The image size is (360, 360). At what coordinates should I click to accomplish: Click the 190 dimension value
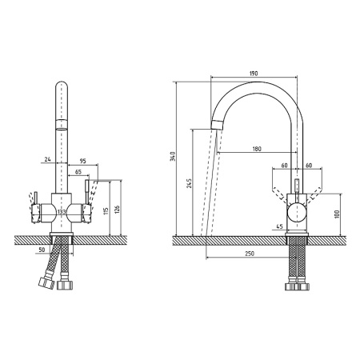[x=254, y=73]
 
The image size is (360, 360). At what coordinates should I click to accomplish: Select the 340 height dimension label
[x=173, y=156]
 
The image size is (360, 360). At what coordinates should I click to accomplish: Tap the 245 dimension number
[x=189, y=183]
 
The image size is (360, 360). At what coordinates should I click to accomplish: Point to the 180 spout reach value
[x=257, y=149]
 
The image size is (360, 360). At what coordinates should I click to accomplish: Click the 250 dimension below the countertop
[x=250, y=254]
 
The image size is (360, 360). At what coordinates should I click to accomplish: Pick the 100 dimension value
[x=337, y=214]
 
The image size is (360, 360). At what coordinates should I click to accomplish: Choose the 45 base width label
[x=279, y=226]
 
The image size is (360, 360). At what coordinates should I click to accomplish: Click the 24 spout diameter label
[x=47, y=159]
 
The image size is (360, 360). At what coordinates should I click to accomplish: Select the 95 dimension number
[x=83, y=161]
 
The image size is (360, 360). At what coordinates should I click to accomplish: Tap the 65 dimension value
[x=78, y=172]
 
